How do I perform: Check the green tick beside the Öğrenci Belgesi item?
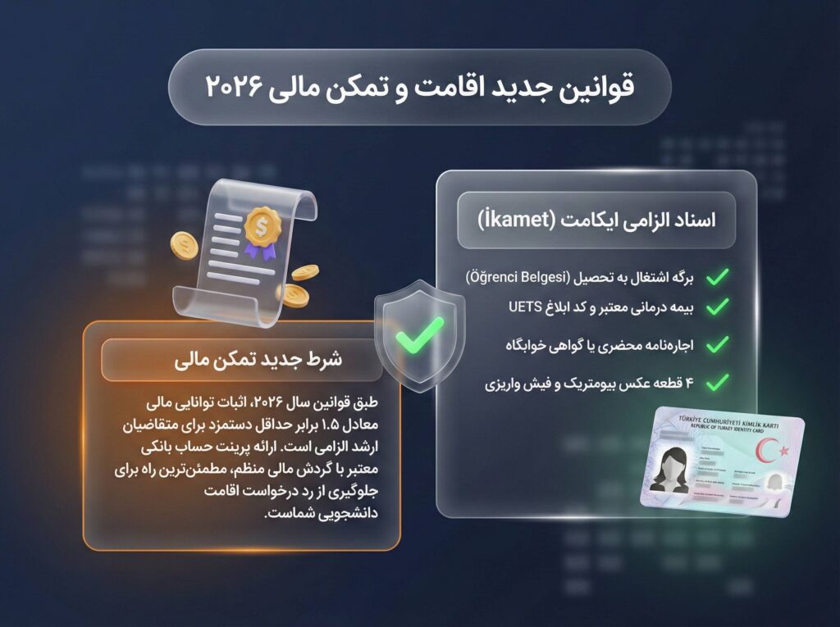pos(716,276)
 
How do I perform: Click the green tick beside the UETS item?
pos(716,307)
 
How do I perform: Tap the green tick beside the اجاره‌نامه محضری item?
pos(716,343)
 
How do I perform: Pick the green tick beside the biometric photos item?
pos(716,381)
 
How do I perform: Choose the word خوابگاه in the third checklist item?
pos(509,344)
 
